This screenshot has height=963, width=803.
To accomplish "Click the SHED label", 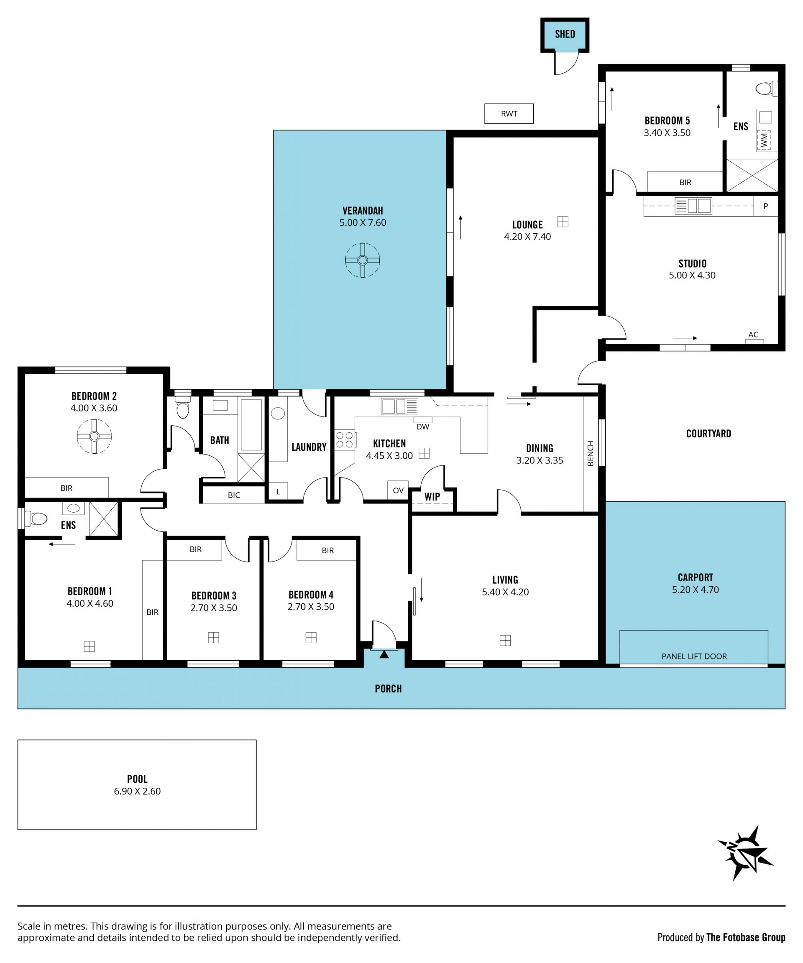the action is [565, 34].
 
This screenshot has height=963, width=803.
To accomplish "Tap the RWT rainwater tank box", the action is [509, 113].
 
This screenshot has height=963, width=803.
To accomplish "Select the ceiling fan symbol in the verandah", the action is [362, 261].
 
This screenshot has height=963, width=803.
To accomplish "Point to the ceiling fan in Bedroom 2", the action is [94, 436].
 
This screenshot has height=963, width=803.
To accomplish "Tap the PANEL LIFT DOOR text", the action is [694, 656].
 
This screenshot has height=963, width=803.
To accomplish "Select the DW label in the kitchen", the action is [422, 427].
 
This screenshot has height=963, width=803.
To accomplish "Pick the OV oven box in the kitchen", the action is [398, 490].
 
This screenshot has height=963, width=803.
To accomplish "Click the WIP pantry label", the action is [432, 496].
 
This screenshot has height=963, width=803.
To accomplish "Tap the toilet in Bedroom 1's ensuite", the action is [37, 519].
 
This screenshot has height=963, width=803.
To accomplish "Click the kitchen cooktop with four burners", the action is [344, 440].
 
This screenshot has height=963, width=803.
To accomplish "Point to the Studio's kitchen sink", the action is [693, 205].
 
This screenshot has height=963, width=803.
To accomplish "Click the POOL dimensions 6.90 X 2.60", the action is [137, 791].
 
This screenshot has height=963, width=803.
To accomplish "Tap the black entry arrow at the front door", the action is [384, 654].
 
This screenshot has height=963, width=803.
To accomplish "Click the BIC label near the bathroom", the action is [234, 495].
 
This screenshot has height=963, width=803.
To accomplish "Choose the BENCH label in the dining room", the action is [590, 454].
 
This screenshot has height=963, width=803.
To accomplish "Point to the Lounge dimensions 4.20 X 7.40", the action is [527, 237].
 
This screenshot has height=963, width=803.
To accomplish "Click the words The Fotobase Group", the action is [745, 937].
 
